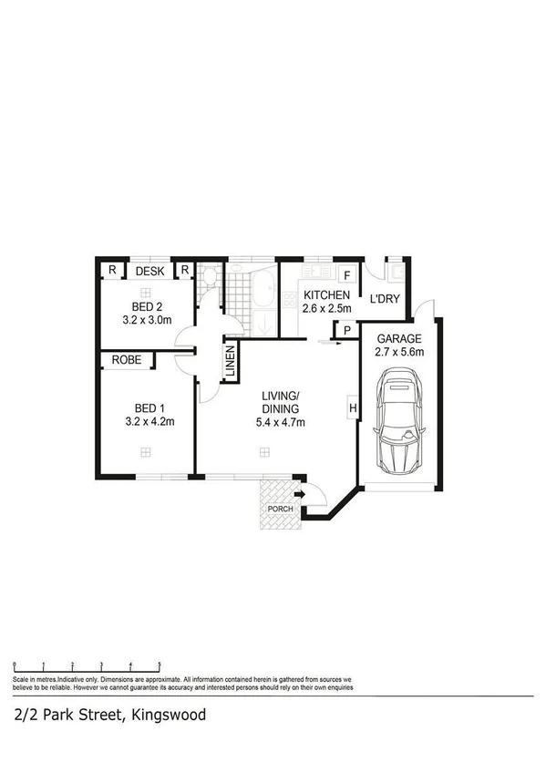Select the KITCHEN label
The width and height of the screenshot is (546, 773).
pos(326,295)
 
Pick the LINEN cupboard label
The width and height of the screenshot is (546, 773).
pos(231,361)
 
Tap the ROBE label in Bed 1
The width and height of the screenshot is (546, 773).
pos(127,361)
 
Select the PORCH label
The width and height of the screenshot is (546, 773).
pos(280,509)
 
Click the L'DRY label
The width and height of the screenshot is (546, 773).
pos(384,297)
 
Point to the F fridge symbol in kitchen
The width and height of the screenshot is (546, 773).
pos(347,274)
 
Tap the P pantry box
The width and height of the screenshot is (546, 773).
pos(346,331)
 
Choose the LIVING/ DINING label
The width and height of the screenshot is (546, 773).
pos(280,402)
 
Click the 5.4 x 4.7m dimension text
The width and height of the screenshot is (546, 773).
pos(280,422)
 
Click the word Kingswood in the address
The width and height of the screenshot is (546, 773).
pos(169,715)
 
